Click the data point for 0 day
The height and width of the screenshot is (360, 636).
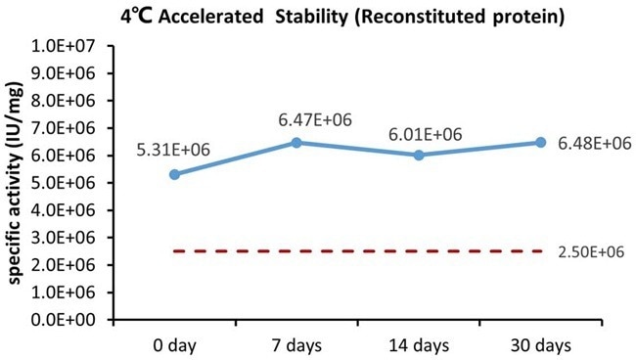[x=174, y=174]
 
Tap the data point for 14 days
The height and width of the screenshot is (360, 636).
[x=419, y=155]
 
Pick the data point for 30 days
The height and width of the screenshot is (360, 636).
[x=541, y=143]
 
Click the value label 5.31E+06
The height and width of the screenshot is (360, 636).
[x=174, y=152]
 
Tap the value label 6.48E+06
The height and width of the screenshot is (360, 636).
[x=594, y=144]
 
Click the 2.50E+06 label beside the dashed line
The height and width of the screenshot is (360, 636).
[x=593, y=251]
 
